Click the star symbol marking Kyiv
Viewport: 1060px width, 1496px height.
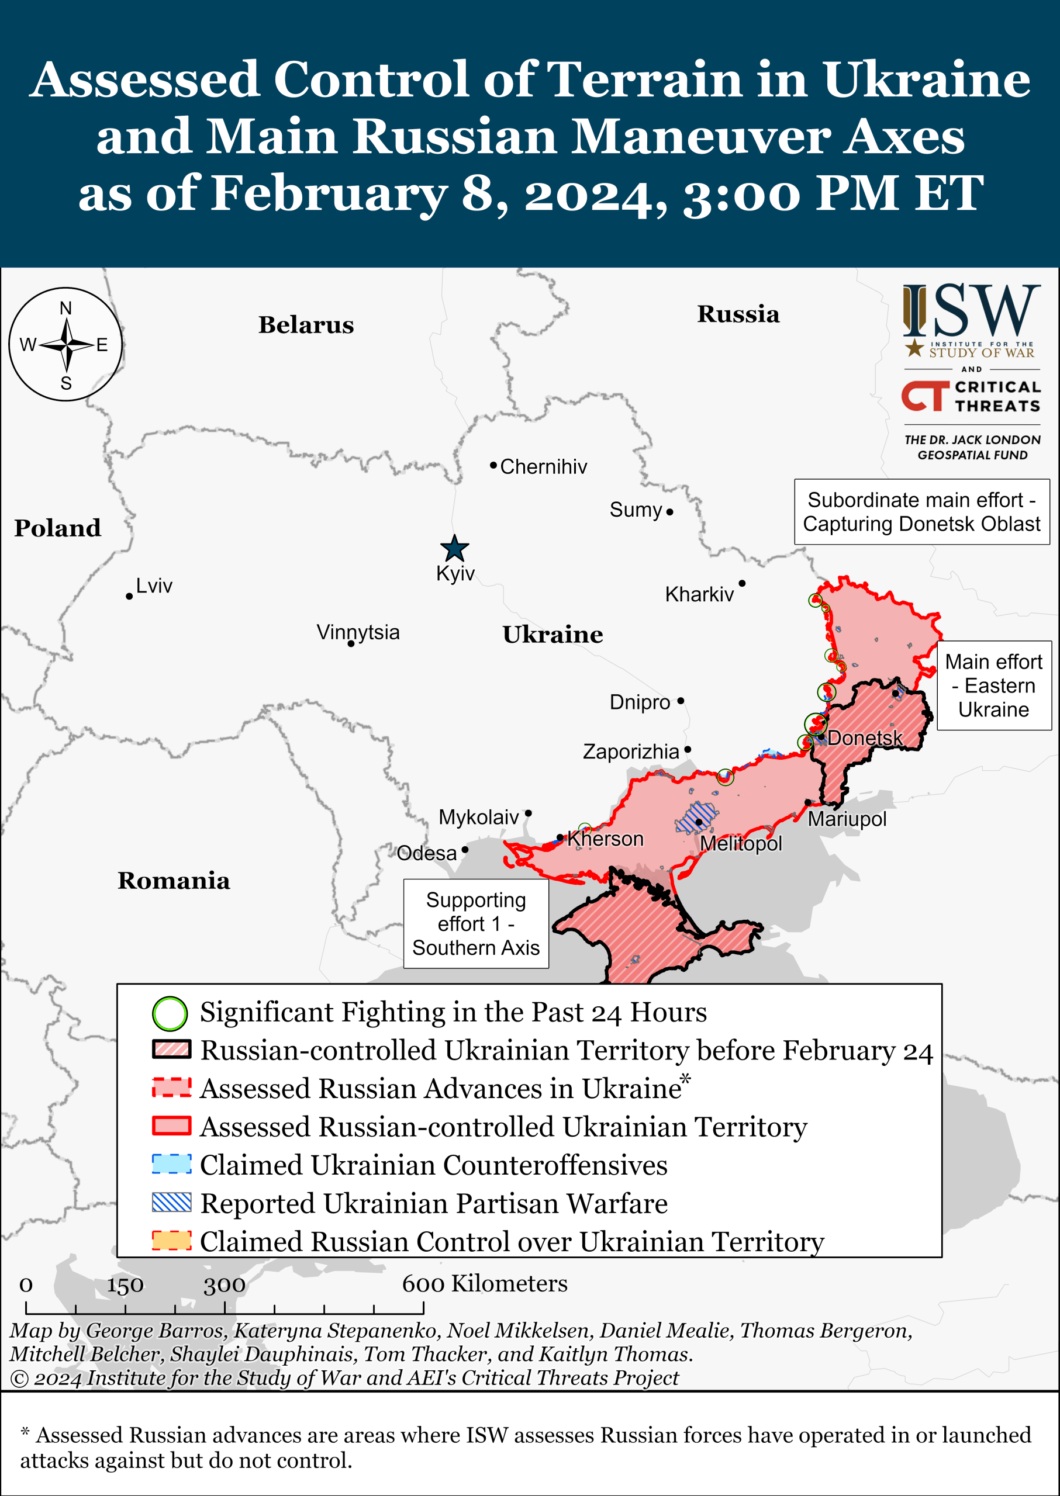coord(454,549)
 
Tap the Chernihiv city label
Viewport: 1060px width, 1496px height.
coord(543,466)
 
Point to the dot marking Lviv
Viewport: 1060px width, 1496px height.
coord(129,596)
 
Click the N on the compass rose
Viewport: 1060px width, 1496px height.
coord(65,309)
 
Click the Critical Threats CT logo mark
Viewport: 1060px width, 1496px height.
coord(925,396)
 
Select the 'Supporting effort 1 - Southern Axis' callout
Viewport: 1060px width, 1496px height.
coord(476,923)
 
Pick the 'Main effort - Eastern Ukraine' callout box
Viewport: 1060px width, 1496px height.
coord(993,685)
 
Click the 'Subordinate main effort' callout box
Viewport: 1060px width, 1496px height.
coord(921,511)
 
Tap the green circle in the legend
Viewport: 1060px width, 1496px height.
coord(170,1013)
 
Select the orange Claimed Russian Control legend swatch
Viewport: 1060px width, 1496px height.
coord(172,1240)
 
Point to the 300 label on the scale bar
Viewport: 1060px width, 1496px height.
coord(225,1284)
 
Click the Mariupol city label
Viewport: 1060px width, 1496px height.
coord(847,819)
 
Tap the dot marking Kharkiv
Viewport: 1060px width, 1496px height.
coord(741,583)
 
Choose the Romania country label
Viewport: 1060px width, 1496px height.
coord(174,880)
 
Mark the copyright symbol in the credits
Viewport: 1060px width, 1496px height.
coord(19,1379)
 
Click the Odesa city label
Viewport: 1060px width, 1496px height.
coord(426,853)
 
